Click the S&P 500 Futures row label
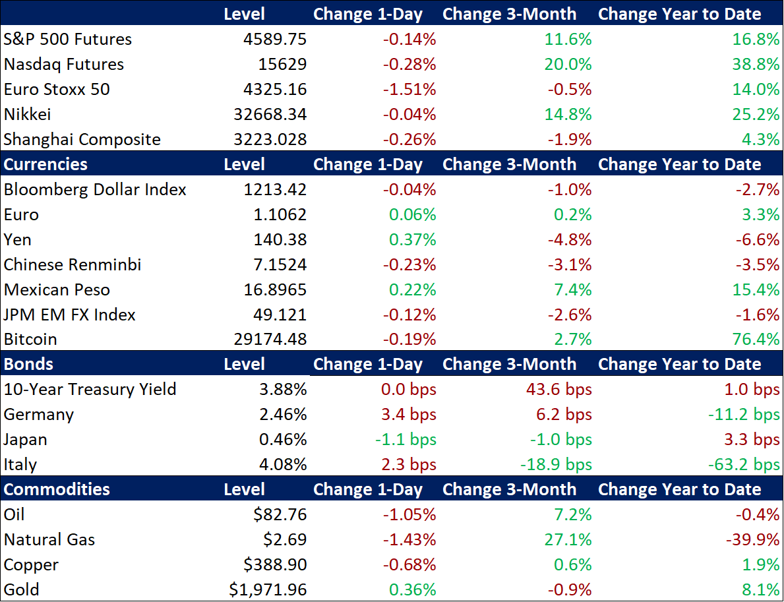(68, 40)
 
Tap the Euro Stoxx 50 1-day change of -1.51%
(409, 90)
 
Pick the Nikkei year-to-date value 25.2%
(756, 115)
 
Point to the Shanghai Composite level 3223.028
(270, 140)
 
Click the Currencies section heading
(45, 164)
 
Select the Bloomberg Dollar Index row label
(95, 190)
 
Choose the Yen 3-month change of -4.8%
(569, 240)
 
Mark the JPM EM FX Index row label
(70, 315)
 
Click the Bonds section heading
(28, 364)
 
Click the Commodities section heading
(57, 489)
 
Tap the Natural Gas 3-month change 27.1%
(569, 540)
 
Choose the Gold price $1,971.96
(268, 590)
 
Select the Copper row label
(31, 565)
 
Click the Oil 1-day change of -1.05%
(409, 515)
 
